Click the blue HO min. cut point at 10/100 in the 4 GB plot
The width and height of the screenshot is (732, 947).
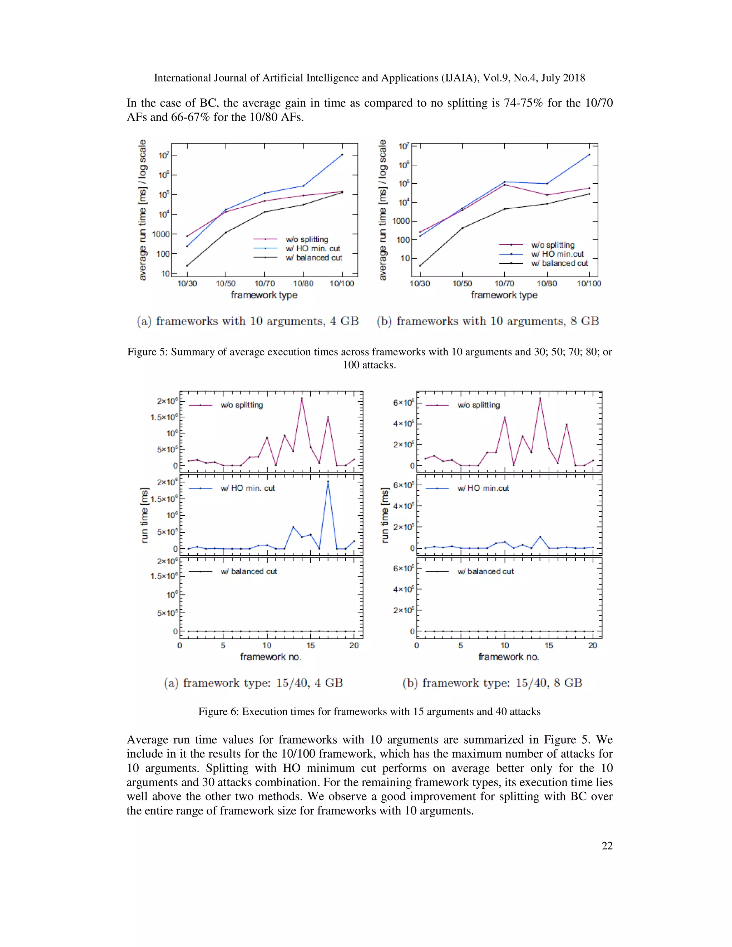pyautogui.click(x=342, y=154)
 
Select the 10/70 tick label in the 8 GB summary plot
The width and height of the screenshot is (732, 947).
pyautogui.click(x=504, y=284)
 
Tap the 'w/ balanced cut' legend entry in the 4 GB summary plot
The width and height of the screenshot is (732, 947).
pyautogui.click(x=313, y=258)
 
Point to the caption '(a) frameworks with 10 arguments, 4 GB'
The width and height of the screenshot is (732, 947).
pyautogui.click(x=248, y=321)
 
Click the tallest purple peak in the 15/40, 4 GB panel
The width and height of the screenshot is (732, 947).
pyautogui.click(x=302, y=398)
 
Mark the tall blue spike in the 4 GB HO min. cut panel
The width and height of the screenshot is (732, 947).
pyautogui.click(x=328, y=481)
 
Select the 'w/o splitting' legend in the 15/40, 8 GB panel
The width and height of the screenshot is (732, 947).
pyautogui.click(x=478, y=405)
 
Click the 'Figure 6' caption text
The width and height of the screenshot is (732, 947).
pyautogui.click(x=369, y=712)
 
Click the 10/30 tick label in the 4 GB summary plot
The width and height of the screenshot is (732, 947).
pyautogui.click(x=187, y=284)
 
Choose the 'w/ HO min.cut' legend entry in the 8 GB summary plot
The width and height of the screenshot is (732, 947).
pyautogui.click(x=557, y=254)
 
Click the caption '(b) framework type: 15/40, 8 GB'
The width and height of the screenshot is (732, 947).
pyautogui.click(x=492, y=683)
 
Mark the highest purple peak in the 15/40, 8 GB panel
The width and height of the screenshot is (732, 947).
pyautogui.click(x=540, y=398)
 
